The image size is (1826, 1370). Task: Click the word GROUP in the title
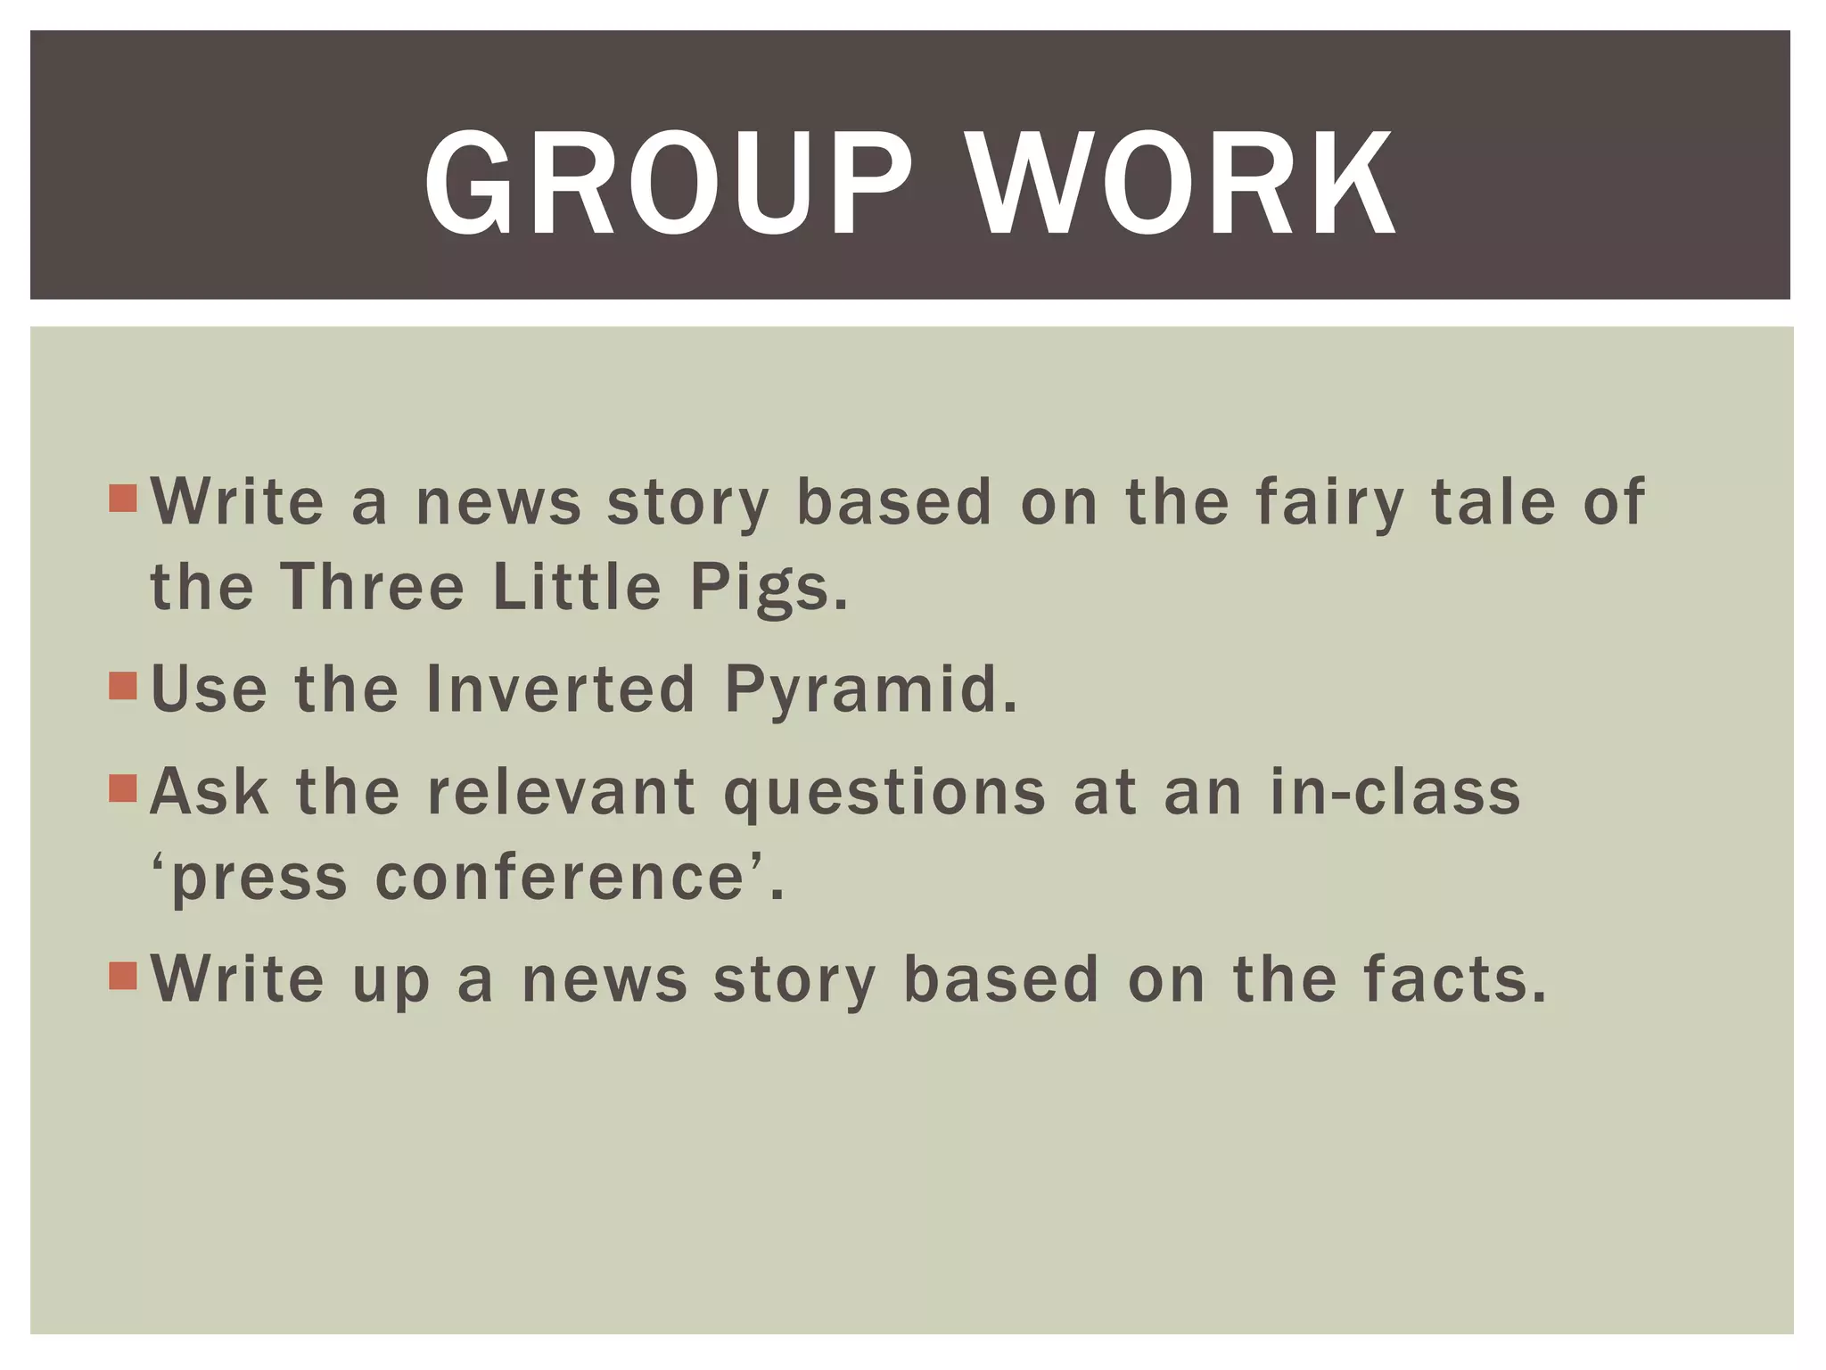(x=668, y=185)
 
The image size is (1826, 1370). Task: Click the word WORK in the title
(x=1180, y=185)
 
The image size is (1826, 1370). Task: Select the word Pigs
(x=768, y=589)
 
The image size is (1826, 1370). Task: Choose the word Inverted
(x=561, y=689)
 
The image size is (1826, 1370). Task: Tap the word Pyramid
(x=870, y=690)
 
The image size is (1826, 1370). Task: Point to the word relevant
(x=562, y=791)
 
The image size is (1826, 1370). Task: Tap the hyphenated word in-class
(x=1395, y=791)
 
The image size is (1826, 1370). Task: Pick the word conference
(x=560, y=878)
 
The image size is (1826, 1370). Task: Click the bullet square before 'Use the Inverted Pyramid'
(x=123, y=686)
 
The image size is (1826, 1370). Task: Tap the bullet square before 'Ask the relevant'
(x=123, y=788)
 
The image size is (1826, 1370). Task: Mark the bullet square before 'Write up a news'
(x=123, y=976)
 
